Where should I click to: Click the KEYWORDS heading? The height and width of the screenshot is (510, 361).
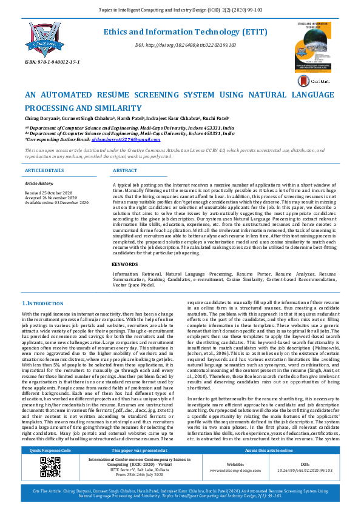pos(124,264)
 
